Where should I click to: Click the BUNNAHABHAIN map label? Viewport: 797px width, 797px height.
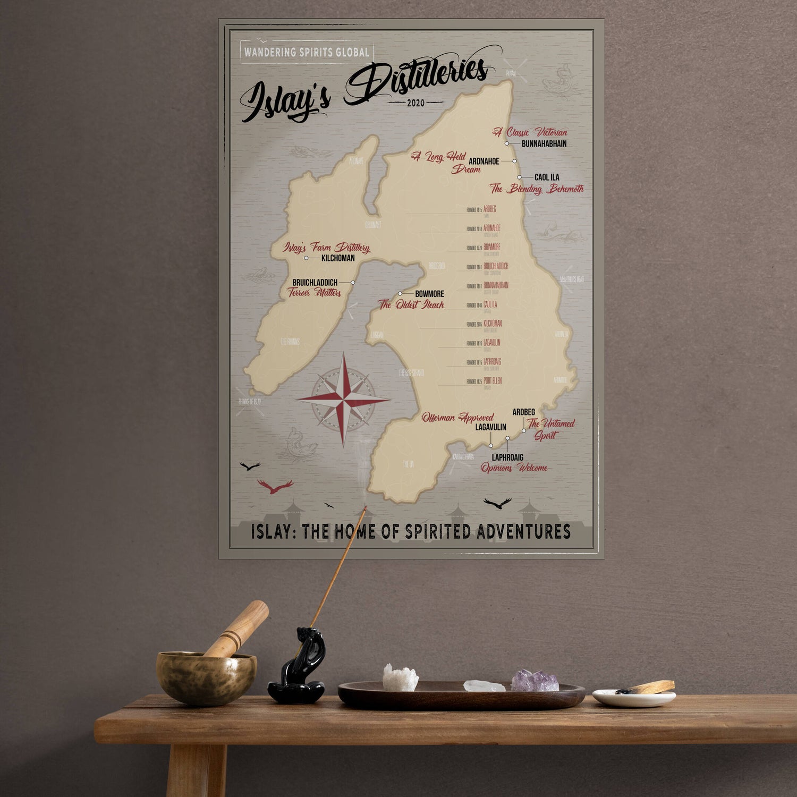point(544,143)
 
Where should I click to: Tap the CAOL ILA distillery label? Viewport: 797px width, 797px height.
point(546,177)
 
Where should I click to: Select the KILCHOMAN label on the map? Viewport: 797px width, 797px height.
point(338,258)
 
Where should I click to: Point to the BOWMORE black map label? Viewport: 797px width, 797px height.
point(429,294)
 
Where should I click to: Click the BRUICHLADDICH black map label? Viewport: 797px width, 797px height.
point(315,282)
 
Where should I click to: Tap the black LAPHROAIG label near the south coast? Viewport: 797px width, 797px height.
point(507,457)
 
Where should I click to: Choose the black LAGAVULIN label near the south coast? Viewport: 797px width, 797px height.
point(490,427)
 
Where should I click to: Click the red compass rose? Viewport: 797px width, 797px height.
point(344,399)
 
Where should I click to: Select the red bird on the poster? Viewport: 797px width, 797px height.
point(275,486)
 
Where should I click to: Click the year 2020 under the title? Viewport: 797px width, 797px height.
point(416,103)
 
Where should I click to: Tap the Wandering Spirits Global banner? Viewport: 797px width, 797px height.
point(307,52)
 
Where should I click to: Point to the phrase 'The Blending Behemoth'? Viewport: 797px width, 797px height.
point(537,189)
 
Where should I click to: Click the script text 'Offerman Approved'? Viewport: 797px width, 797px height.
point(457,418)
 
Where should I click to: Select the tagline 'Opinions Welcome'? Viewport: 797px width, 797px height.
point(514,468)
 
